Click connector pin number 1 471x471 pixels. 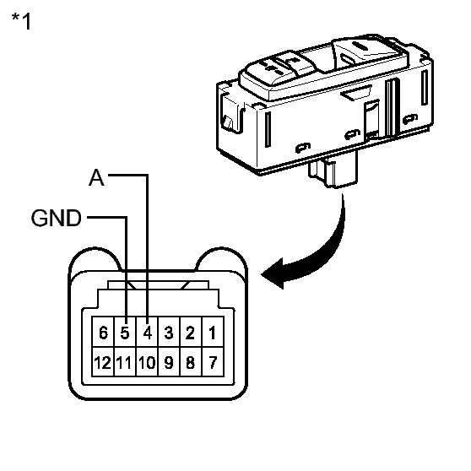(213, 332)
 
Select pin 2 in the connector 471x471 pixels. (191, 332)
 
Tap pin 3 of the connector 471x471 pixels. (169, 332)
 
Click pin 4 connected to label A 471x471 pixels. (147, 332)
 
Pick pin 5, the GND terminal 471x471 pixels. (125, 332)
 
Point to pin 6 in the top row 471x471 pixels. (103, 332)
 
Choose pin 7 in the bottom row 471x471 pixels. (213, 361)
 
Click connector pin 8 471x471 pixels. (191, 361)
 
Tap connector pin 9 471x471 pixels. (169, 361)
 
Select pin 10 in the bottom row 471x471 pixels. (147, 361)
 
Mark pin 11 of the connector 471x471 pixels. (125, 361)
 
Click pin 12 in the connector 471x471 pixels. (103, 361)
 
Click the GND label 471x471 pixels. (57, 218)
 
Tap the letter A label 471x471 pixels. (96, 177)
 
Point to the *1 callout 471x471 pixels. (21, 21)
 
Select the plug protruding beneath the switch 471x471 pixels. (333, 169)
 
